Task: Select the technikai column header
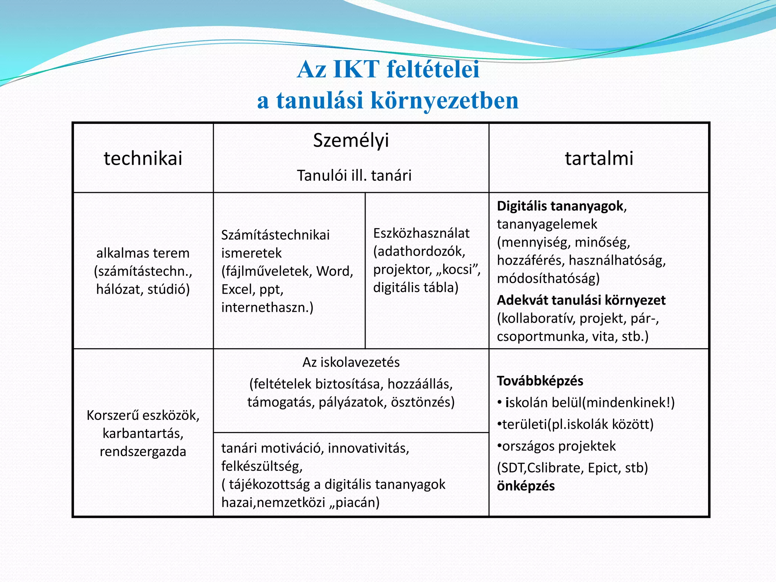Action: click(143, 158)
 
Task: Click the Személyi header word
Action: click(351, 141)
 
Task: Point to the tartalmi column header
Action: click(599, 158)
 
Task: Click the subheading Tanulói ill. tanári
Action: click(354, 176)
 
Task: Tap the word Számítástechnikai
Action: click(275, 235)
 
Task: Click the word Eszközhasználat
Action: click(421, 233)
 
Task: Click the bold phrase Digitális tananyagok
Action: click(560, 206)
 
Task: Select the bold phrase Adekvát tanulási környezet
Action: click(581, 300)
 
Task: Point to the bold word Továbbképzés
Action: click(540, 381)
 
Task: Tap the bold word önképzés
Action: click(526, 486)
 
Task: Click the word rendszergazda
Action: click(143, 452)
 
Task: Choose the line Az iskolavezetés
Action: click(351, 363)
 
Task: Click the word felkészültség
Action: click(261, 466)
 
